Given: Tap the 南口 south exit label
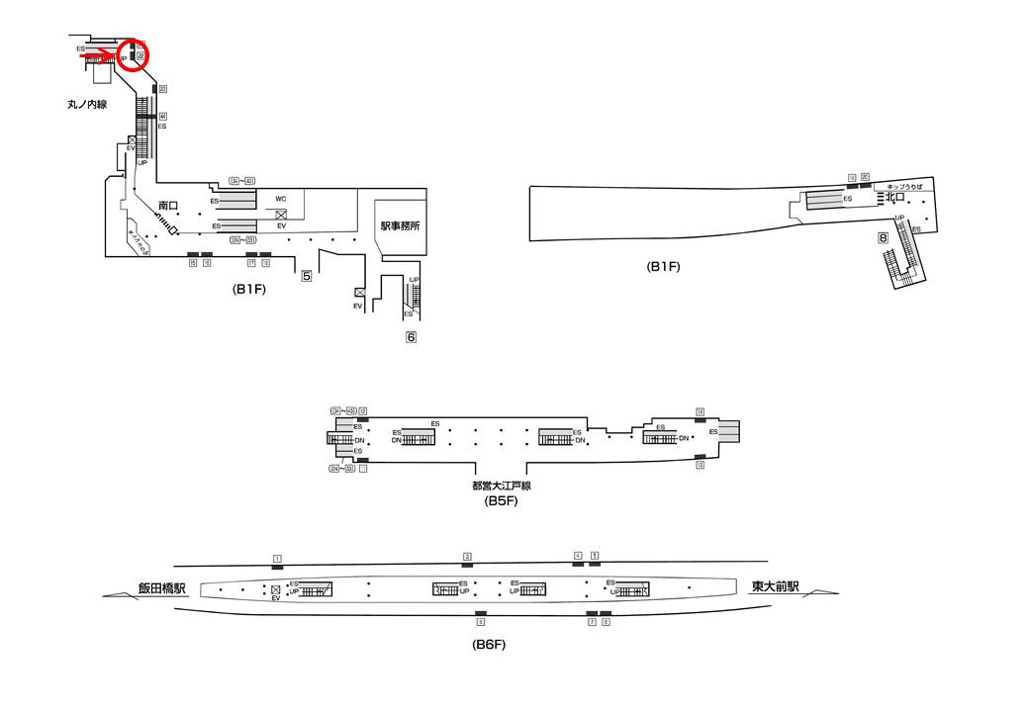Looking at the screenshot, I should click(x=167, y=205).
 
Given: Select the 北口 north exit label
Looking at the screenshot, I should click(x=895, y=197).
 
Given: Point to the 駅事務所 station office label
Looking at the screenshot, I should click(x=400, y=226).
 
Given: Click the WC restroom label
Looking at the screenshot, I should click(x=281, y=199).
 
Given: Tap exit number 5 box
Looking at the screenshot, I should click(x=307, y=276).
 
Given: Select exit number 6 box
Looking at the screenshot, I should click(x=411, y=337).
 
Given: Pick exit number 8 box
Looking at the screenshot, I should click(x=881, y=237).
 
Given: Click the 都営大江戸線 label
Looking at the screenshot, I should click(x=502, y=487).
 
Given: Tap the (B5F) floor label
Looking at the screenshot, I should click(x=502, y=501).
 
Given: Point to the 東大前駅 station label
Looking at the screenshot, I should click(x=775, y=586).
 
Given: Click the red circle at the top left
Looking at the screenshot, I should click(x=134, y=55).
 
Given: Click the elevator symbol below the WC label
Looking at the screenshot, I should click(x=281, y=215).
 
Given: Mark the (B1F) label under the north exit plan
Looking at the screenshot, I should click(x=664, y=266).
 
